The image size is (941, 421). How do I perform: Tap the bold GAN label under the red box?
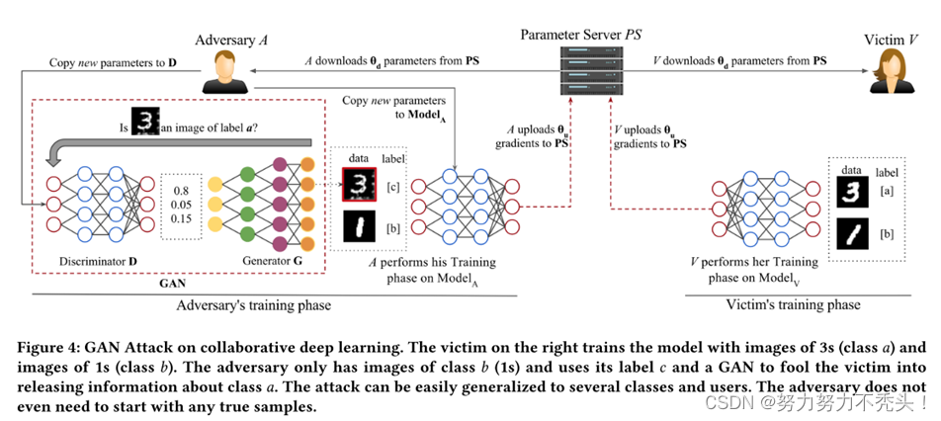(x=172, y=282)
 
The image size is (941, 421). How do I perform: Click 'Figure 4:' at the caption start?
(x=52, y=347)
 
